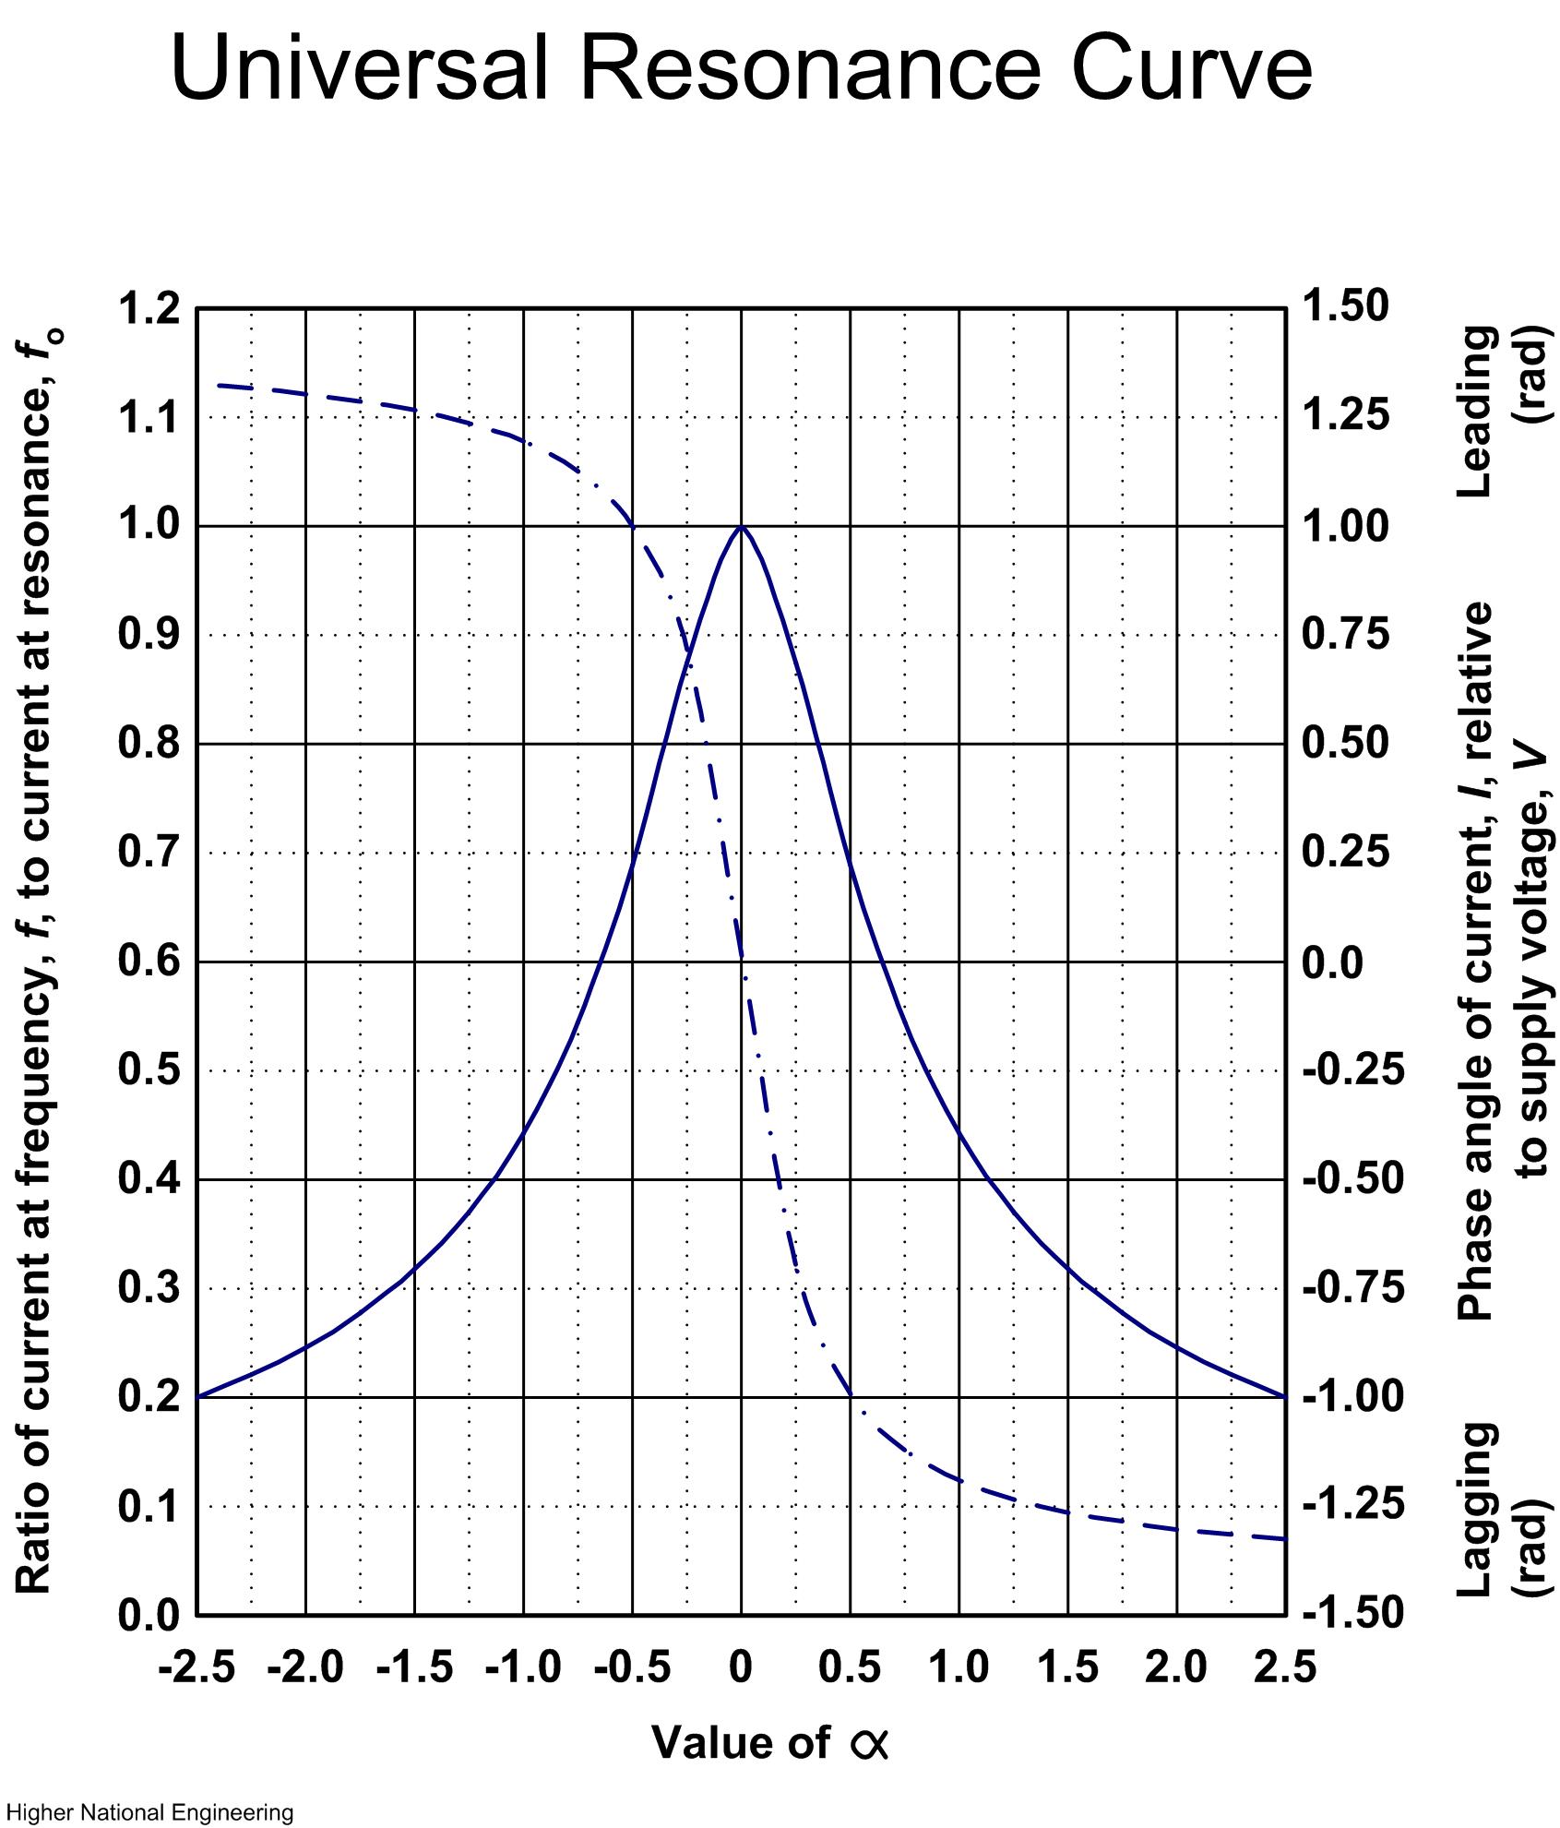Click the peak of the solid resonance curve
tap(741, 527)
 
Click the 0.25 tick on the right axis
tap(1345, 853)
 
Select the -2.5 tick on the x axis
tap(197, 1668)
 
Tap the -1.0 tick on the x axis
tap(523, 1668)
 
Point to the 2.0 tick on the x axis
tap(1177, 1668)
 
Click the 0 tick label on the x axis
tap(741, 1668)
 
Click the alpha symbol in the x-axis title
tap(868, 1744)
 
